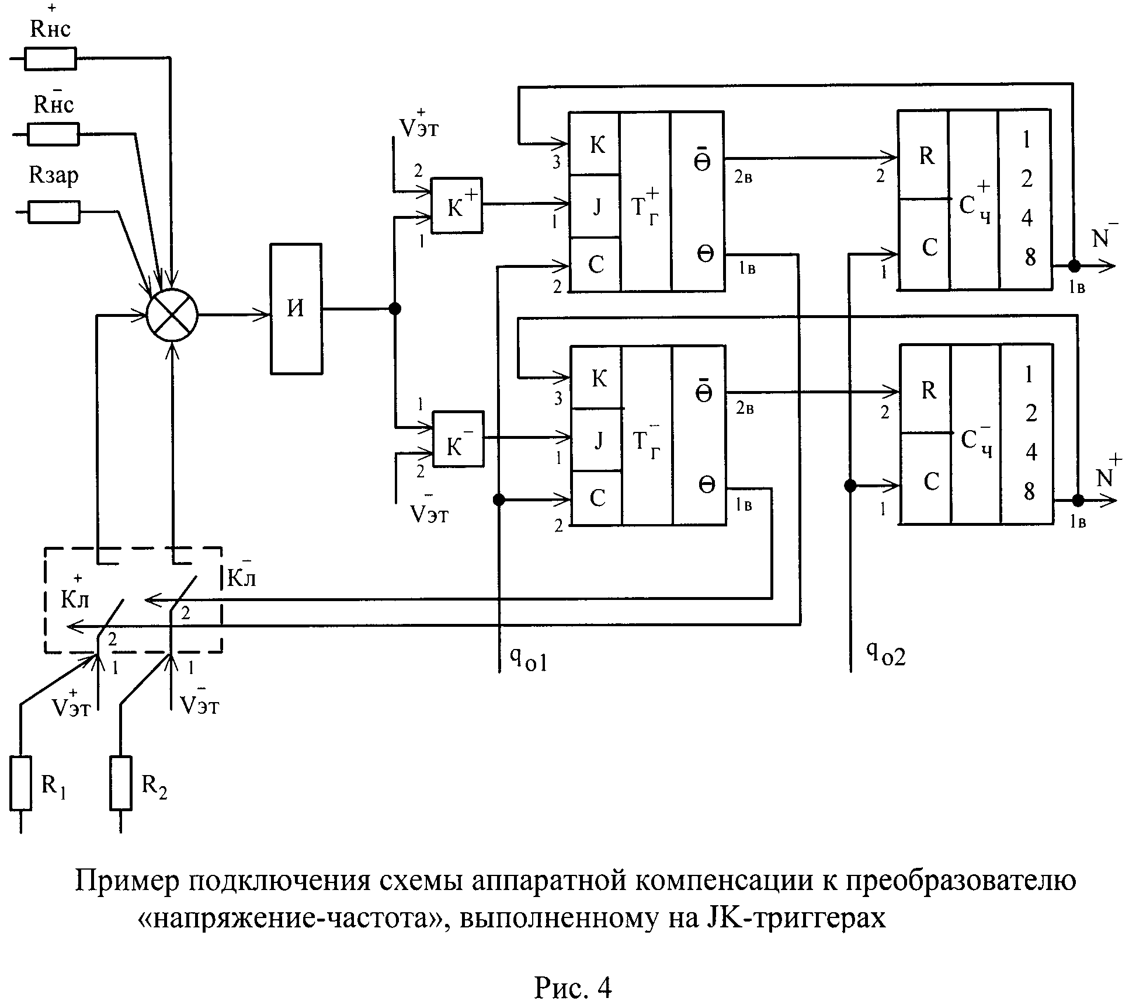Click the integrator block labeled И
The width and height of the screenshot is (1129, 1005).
click(296, 308)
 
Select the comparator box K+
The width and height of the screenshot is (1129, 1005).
click(457, 205)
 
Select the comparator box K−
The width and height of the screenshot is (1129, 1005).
click(458, 439)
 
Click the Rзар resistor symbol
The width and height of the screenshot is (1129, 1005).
click(54, 212)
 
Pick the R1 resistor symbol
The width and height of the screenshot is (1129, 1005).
click(20, 783)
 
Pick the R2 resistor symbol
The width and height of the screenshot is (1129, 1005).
click(121, 783)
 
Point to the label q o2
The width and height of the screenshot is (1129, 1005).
click(885, 654)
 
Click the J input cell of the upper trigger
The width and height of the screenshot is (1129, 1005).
click(595, 206)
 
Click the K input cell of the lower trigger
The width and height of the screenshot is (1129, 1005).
click(596, 378)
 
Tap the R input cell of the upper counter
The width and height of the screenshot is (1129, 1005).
click(923, 155)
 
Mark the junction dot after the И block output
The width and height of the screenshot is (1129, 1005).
click(395, 309)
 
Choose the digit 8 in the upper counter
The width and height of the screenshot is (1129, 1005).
click(1029, 256)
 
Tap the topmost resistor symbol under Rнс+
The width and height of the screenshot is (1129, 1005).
click(50, 58)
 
